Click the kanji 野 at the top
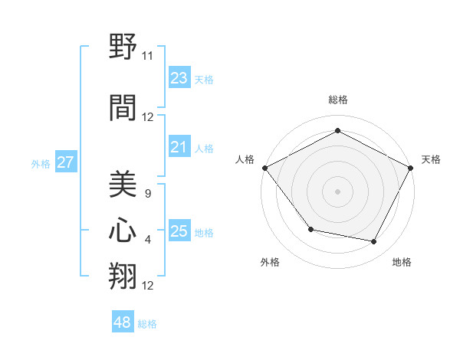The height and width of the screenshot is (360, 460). coord(123,48)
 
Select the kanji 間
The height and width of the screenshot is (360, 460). coord(123,107)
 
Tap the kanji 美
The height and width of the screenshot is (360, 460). coord(123,183)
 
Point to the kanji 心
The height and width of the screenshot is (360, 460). coord(123,230)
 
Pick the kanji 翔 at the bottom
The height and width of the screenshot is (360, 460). coord(123,277)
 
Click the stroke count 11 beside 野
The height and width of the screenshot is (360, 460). coord(147,56)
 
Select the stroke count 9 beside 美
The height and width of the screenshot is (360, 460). coord(147,193)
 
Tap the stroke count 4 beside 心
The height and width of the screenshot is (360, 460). coord(147,240)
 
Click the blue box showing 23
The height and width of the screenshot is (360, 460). coord(179,78)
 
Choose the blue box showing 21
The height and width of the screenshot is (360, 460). coord(179,147)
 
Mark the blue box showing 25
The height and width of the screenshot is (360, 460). coord(179,231)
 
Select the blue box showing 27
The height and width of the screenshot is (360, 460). coord(65,162)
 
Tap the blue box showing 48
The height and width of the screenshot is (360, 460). coord(123,322)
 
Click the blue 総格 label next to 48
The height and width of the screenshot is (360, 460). coord(147,324)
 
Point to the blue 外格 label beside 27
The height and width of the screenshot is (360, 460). coord(41,164)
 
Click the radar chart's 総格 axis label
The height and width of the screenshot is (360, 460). coord(337,100)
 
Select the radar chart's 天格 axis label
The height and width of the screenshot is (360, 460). coord(431,159)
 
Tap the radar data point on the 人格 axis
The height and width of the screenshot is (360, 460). coord(264,167)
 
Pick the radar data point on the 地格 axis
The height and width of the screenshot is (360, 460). coord(374,242)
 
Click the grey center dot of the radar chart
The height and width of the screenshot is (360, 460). coord(337,191)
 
